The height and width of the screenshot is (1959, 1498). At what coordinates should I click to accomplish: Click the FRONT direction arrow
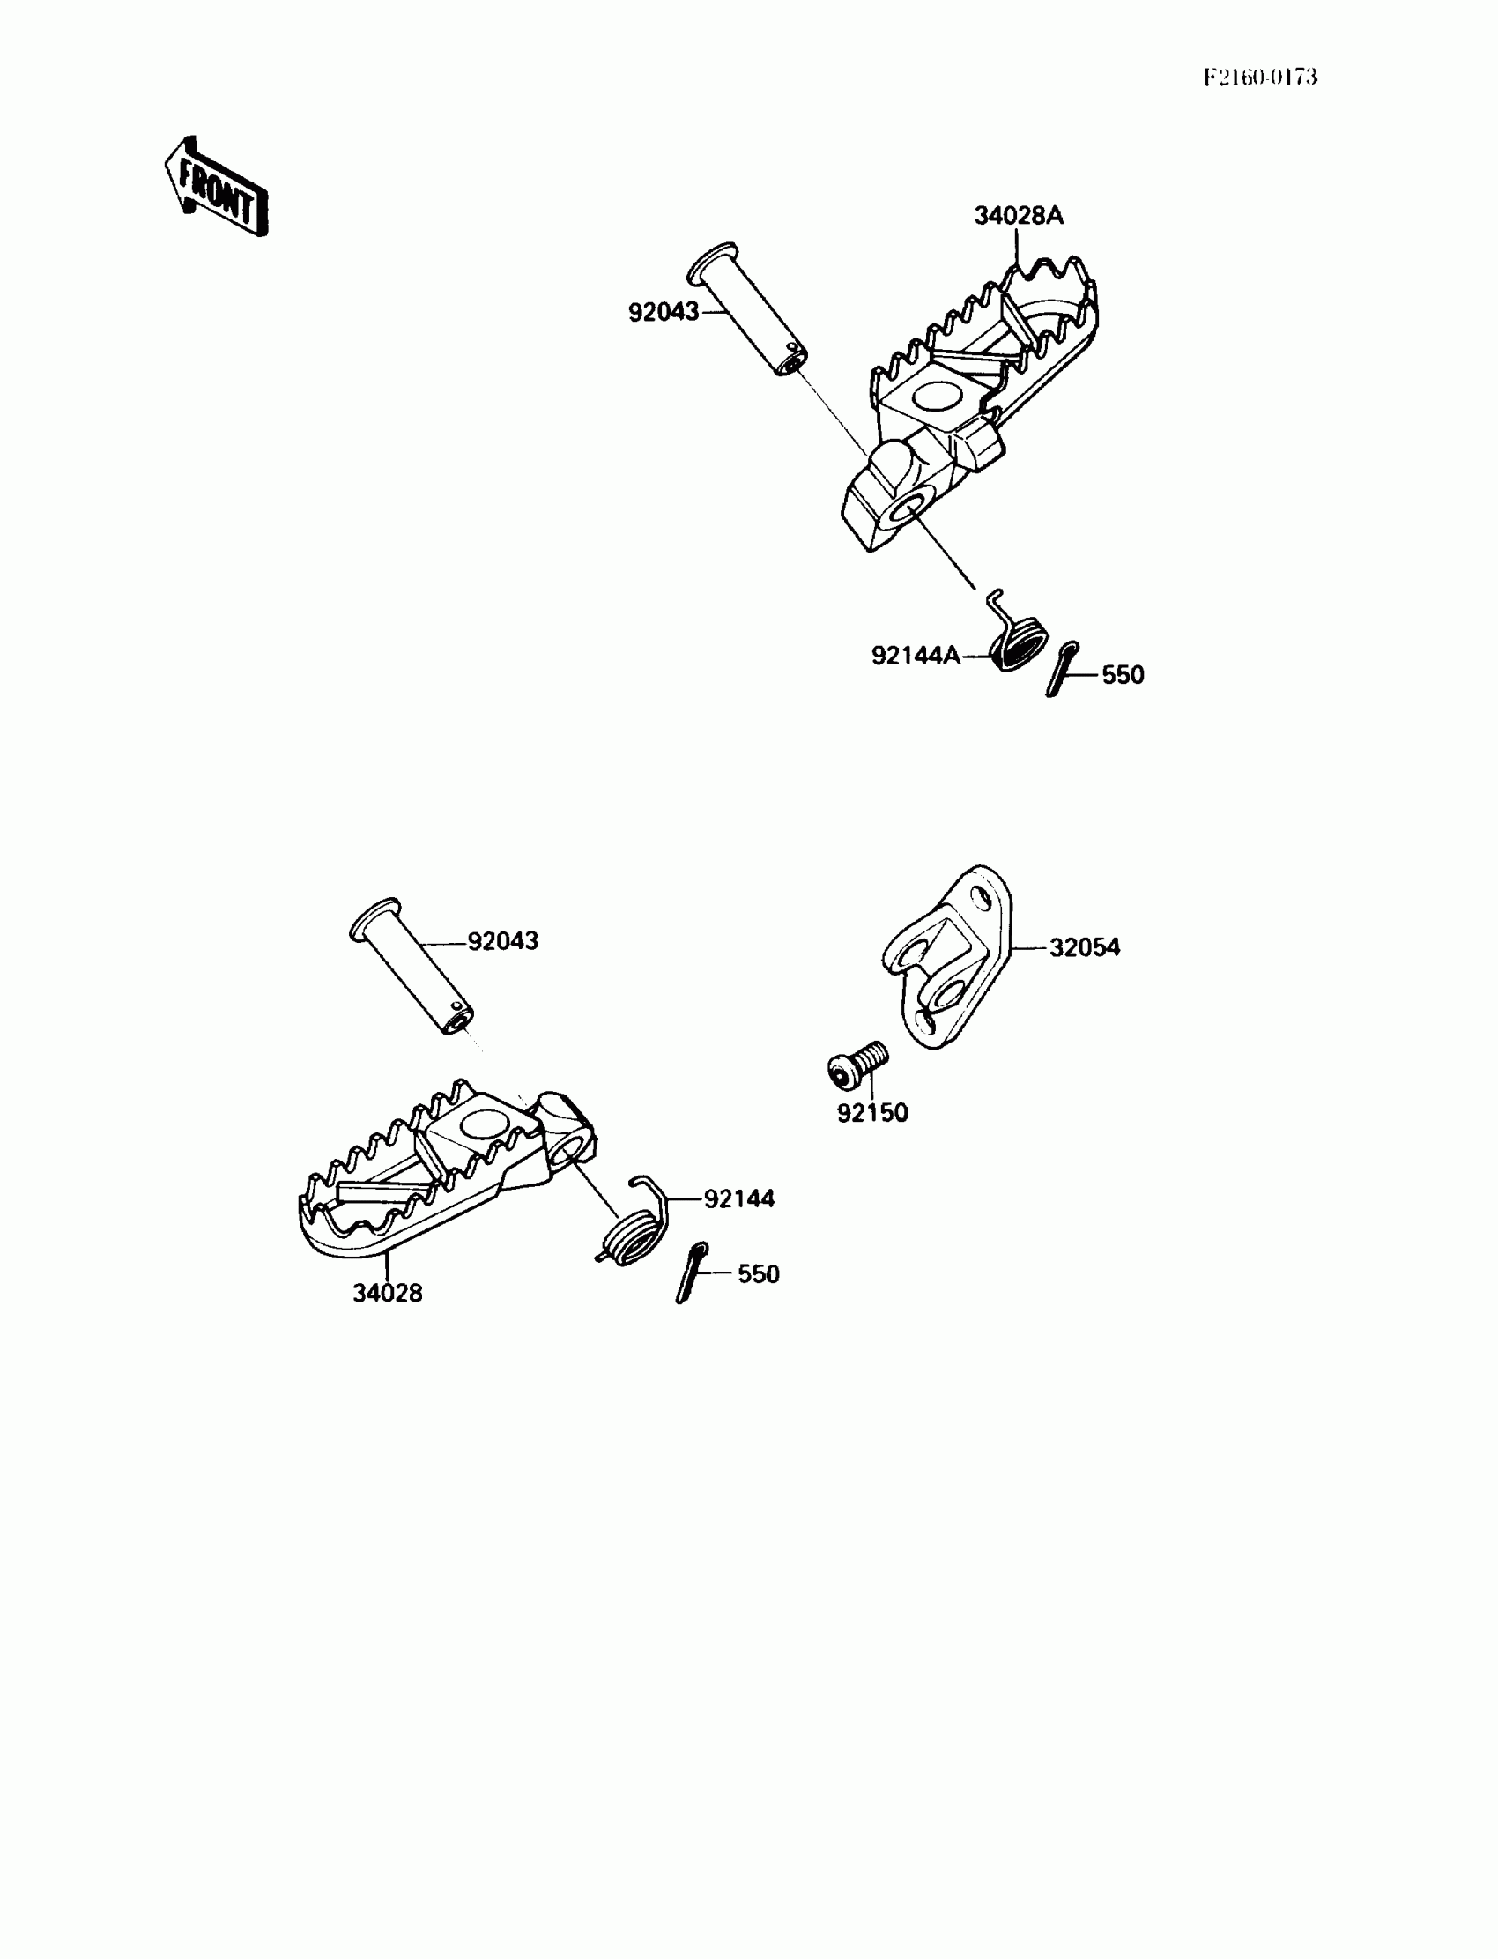(217, 188)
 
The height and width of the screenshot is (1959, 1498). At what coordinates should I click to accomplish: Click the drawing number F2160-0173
(1259, 78)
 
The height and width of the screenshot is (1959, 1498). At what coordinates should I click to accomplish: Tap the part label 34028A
(1019, 217)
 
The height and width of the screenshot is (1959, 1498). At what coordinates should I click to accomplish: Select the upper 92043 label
(664, 313)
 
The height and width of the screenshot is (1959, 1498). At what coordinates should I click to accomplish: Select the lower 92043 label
(503, 941)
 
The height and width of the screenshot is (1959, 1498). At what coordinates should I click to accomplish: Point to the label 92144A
(916, 657)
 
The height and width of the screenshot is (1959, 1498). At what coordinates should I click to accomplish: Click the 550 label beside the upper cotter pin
(1123, 675)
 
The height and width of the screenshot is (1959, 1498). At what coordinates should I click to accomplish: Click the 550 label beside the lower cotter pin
(758, 1274)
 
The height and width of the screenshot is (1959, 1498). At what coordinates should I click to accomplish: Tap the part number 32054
(1084, 948)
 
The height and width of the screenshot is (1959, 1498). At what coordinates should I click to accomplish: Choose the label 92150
(872, 1113)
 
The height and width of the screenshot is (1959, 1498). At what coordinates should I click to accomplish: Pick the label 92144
(739, 1199)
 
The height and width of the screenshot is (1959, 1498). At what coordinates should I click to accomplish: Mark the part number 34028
(387, 1293)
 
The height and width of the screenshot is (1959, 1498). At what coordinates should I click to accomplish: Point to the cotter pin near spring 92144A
(1062, 669)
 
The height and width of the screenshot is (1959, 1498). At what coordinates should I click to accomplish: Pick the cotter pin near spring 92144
(692, 1273)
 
